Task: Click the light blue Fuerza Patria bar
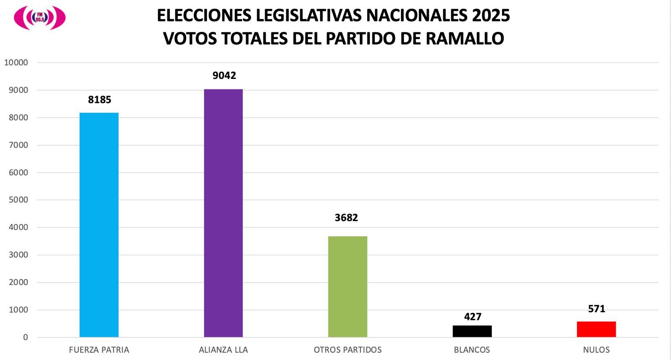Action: point(99,224)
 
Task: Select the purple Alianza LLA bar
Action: point(223,213)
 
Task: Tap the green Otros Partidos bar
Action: point(348,287)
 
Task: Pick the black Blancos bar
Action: point(472,331)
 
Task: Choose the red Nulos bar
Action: point(596,329)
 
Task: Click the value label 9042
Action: point(224,76)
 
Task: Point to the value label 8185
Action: point(99,100)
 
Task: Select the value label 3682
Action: point(346,218)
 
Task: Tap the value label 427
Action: point(473,317)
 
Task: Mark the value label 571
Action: point(596,309)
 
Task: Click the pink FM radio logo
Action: point(39,18)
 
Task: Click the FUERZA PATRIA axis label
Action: point(99,350)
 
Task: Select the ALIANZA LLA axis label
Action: point(223,350)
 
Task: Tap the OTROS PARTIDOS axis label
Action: point(348,350)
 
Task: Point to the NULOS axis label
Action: point(596,350)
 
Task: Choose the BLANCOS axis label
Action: point(472,350)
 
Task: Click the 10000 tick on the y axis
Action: point(16,63)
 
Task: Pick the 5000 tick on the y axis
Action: point(18,200)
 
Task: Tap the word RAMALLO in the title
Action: point(465,39)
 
